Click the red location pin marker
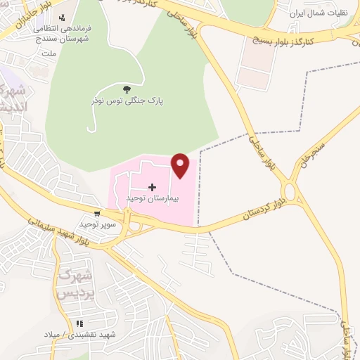[181, 165]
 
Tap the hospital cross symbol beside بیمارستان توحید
[153, 187]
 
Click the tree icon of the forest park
[127, 89]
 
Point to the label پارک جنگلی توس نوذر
[127, 101]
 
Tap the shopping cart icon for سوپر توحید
[96, 212]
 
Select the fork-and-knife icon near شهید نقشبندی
[79, 323]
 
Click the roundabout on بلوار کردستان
[289, 191]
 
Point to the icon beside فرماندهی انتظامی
[63, 17]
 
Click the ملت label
[49, 53]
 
